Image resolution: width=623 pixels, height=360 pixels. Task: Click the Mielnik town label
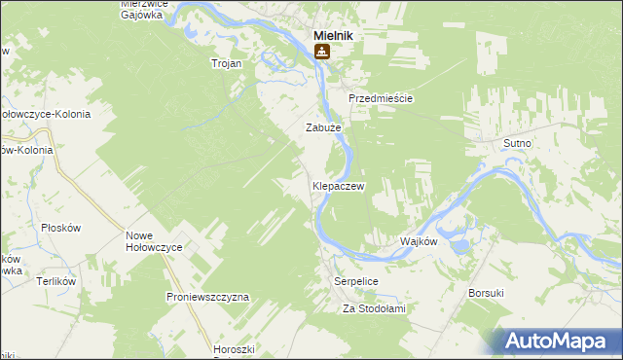[332, 35]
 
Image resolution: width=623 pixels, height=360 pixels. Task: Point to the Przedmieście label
[382, 99]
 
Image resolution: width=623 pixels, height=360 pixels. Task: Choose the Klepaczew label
[338, 185]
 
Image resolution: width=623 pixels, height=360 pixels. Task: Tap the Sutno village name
[517, 143]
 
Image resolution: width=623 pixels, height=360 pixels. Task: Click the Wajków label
[420, 240]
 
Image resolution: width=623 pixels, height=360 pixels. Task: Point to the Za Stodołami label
[373, 308]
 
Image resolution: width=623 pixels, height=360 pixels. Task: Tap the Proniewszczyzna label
[208, 296]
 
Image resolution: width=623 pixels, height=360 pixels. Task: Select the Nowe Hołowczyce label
[155, 241]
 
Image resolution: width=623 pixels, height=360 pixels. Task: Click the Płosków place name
[60, 227]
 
